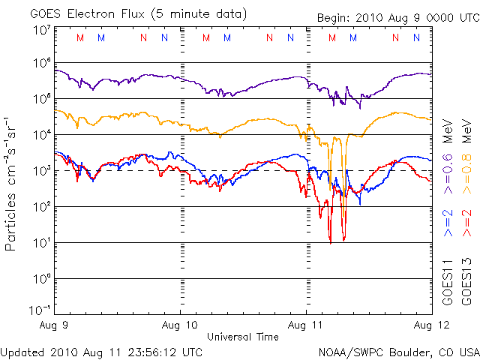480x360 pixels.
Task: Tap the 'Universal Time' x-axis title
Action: pos(242,337)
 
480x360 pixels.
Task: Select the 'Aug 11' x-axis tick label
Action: pos(305,326)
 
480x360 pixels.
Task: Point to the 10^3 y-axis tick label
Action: pos(42,171)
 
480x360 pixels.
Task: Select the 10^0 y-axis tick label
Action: pos(42,279)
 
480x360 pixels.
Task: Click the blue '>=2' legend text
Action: pos(448,223)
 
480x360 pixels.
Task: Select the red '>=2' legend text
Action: pos(466,223)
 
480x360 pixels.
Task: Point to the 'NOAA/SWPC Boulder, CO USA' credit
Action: pos(398,351)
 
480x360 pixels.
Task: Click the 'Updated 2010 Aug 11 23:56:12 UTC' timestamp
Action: pos(102,351)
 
